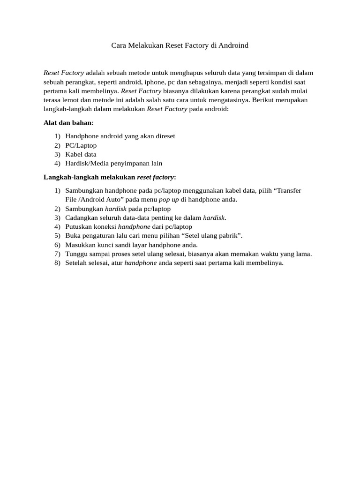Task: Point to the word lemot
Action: tap(71, 100)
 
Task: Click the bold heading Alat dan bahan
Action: tap(68, 122)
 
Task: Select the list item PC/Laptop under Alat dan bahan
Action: tap(81, 145)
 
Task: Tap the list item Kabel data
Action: tap(81, 154)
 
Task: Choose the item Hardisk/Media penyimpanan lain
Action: tap(113, 163)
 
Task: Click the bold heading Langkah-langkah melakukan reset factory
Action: tap(110, 177)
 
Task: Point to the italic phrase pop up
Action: tap(169, 200)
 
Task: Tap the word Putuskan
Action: tap(79, 227)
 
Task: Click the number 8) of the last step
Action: tap(57, 263)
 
